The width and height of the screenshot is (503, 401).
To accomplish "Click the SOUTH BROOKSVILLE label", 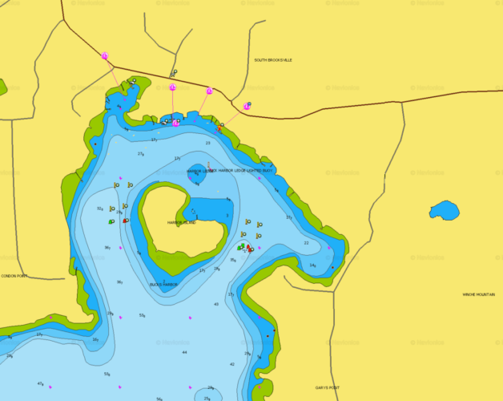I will [x=273, y=60].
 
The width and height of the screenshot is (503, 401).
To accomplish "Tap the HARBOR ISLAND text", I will [x=181, y=222].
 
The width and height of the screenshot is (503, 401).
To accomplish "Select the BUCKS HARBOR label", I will [x=163, y=284].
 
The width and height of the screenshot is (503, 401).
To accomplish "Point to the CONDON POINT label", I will [x=14, y=276].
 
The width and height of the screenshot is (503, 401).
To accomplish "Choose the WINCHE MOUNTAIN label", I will [x=479, y=294].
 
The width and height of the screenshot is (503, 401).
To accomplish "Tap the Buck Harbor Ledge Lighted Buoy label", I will [x=240, y=171].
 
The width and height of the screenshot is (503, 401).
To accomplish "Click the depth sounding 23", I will [x=207, y=144].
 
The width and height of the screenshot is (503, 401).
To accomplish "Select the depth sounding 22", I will [x=306, y=243].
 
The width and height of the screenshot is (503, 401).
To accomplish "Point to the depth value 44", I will [x=184, y=352].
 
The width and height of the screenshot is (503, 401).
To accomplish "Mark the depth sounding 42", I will [x=232, y=364].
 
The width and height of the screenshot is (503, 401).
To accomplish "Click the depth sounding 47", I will [x=40, y=383].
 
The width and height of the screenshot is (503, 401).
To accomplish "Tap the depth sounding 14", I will [x=312, y=265].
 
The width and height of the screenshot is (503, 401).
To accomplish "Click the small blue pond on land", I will [x=444, y=210].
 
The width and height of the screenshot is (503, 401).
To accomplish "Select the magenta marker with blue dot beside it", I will [x=247, y=105].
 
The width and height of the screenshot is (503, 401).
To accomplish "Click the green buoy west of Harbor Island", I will [x=111, y=221].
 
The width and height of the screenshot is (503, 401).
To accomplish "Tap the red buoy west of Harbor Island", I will [x=126, y=220].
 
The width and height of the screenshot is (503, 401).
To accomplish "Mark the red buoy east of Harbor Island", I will [x=251, y=249].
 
